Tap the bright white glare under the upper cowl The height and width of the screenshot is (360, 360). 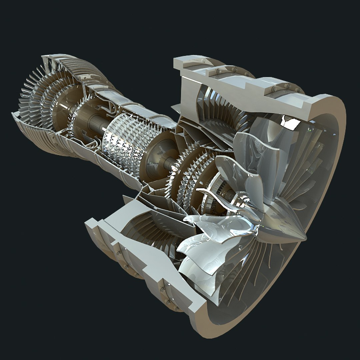coord(289,122)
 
